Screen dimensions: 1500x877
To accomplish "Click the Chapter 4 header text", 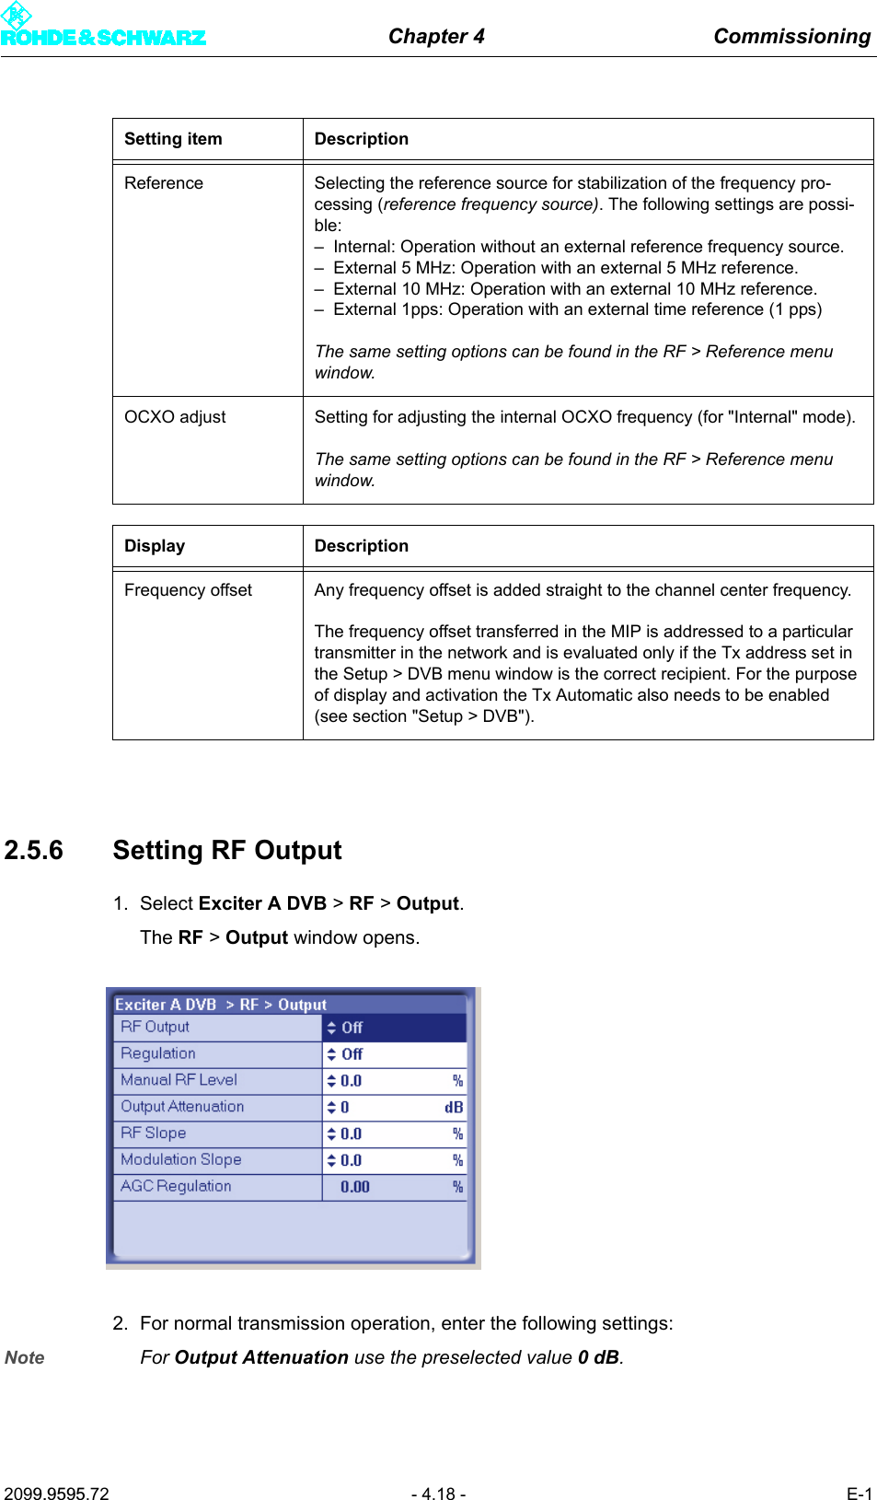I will pyautogui.click(x=435, y=36).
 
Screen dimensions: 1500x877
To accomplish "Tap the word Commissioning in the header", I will pyautogui.click(x=791, y=36).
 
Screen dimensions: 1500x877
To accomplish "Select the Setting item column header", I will pyautogui.click(x=173, y=139).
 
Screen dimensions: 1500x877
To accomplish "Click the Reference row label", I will pyautogui.click(x=164, y=183).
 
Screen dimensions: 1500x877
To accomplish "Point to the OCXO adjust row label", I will pyautogui.click(x=175, y=417).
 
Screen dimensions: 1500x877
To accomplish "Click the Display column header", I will pyautogui.click(x=155, y=546).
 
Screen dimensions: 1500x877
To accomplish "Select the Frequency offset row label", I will pyautogui.click(x=188, y=590).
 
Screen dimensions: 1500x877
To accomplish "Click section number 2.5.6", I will pyautogui.click(x=34, y=850).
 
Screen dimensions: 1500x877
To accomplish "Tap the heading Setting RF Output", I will pyautogui.click(x=227, y=850).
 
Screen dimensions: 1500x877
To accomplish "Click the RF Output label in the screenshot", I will pyautogui.click(x=155, y=1027).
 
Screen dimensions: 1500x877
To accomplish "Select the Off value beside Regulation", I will pyautogui.click(x=352, y=1054).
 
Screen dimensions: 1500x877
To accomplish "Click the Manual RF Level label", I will pyautogui.click(x=179, y=1080).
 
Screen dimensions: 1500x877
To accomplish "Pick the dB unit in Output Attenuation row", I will pyautogui.click(x=454, y=1108).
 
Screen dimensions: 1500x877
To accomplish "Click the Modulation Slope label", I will pyautogui.click(x=180, y=1160).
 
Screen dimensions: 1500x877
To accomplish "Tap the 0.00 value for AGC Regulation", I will pyautogui.click(x=354, y=1187).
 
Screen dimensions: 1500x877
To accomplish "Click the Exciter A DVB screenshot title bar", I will pyautogui.click(x=221, y=1005).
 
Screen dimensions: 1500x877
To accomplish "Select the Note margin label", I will pyautogui.click(x=25, y=1357).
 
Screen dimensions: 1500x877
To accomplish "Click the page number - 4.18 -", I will pyautogui.click(x=438, y=1494).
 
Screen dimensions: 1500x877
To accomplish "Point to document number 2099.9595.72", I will pyautogui.click(x=56, y=1494).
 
